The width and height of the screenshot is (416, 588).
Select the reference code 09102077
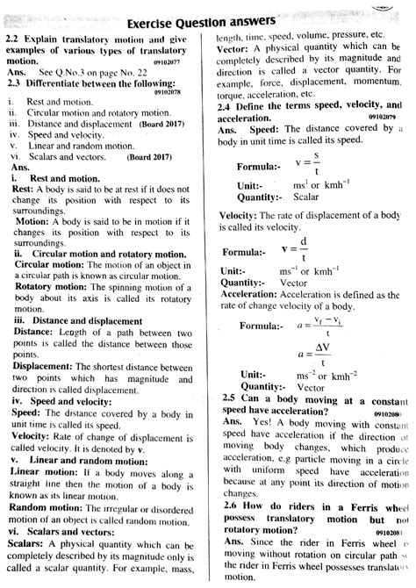(x=178, y=63)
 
